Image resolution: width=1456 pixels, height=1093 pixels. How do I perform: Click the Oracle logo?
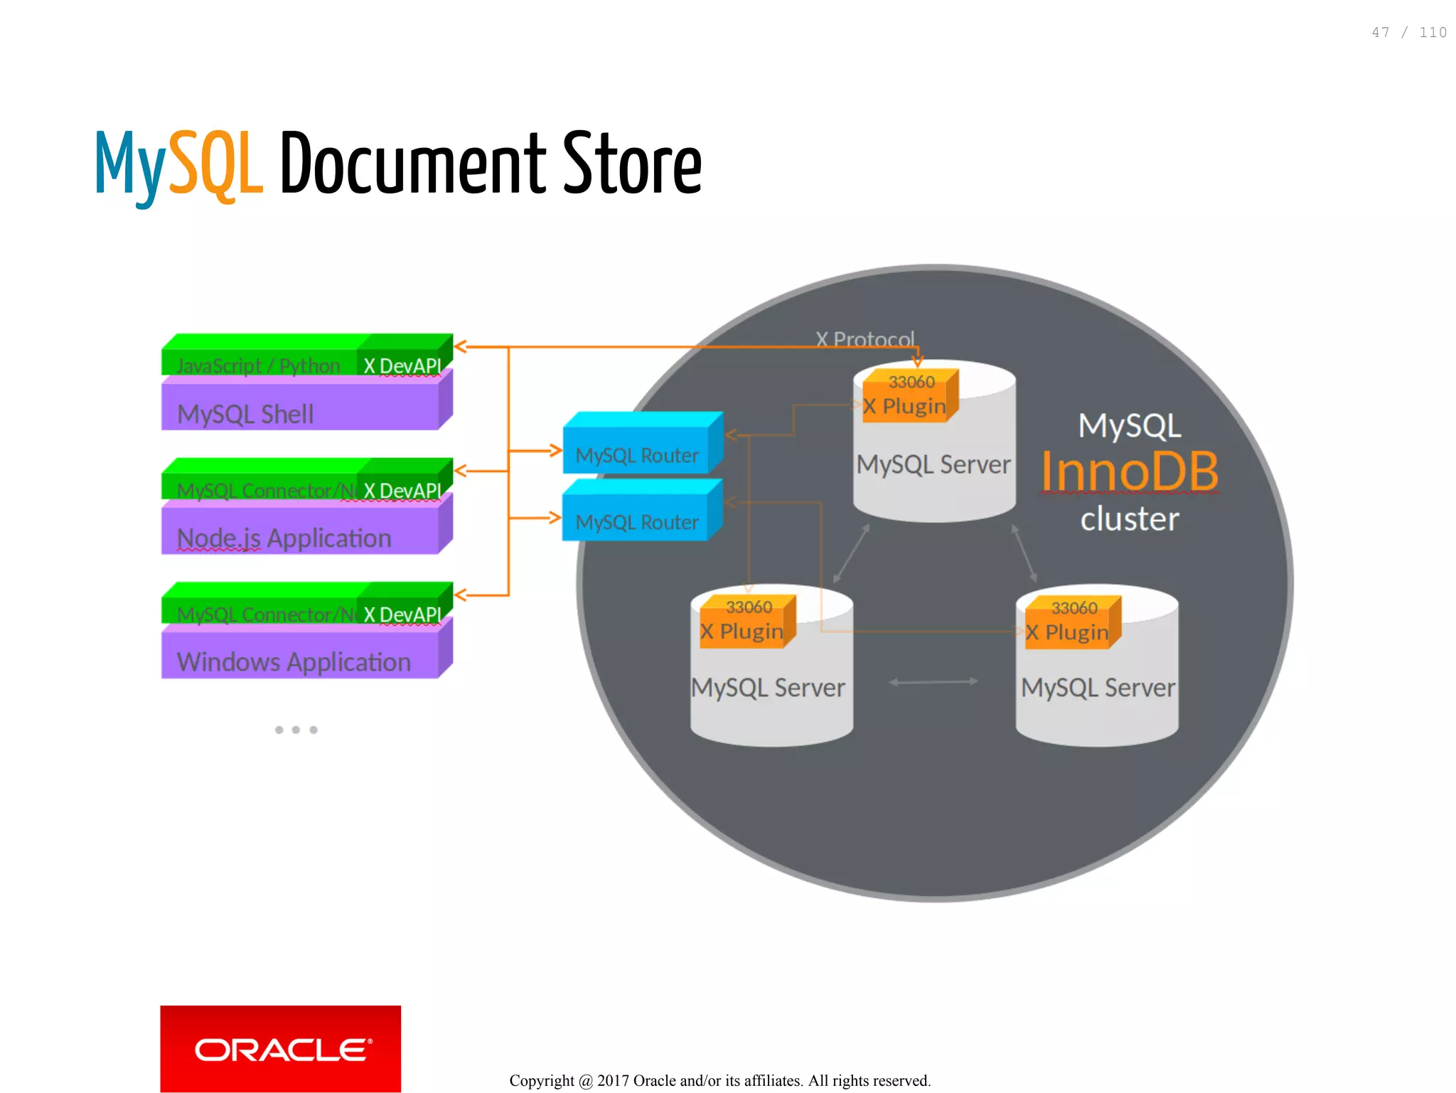280,1048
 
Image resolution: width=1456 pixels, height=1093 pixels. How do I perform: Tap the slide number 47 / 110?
1408,33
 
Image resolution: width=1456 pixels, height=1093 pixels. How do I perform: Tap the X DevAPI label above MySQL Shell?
402,365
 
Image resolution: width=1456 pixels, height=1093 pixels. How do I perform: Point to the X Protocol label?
864,338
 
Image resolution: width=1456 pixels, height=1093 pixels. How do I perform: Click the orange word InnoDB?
1130,471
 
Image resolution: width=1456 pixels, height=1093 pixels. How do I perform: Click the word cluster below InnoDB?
1130,519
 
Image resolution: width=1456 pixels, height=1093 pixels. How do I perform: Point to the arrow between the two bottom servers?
933,682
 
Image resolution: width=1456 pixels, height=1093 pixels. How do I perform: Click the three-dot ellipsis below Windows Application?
296,730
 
